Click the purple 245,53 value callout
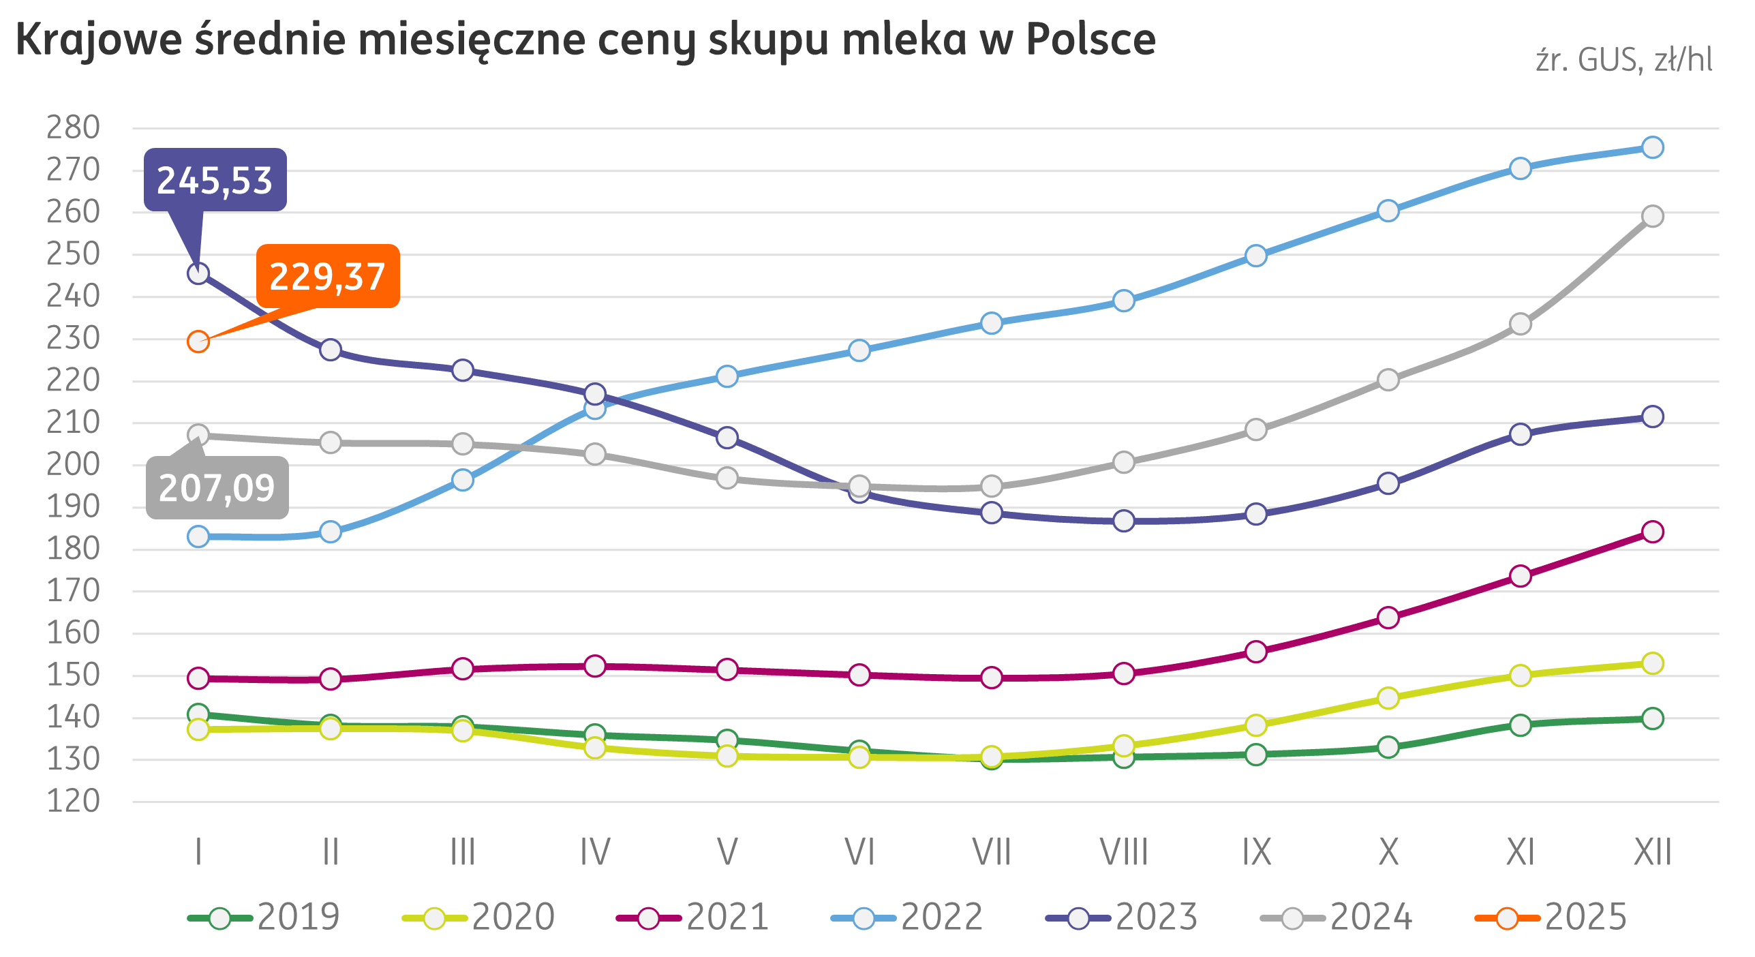point(215,180)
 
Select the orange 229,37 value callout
point(328,276)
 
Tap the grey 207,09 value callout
point(217,487)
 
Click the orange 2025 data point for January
point(198,341)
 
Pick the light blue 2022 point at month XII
point(1652,147)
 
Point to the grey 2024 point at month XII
point(1652,216)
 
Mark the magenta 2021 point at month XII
point(1652,532)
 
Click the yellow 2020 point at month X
point(1388,698)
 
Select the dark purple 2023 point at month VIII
point(1124,521)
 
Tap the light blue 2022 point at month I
point(198,536)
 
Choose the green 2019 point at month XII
point(1652,718)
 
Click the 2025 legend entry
point(1551,917)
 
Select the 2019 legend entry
point(264,917)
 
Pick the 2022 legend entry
point(907,917)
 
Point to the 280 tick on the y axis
point(73,127)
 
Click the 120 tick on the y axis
point(73,802)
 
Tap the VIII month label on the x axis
point(1124,852)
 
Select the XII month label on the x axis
point(1652,852)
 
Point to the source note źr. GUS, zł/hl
point(1624,61)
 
